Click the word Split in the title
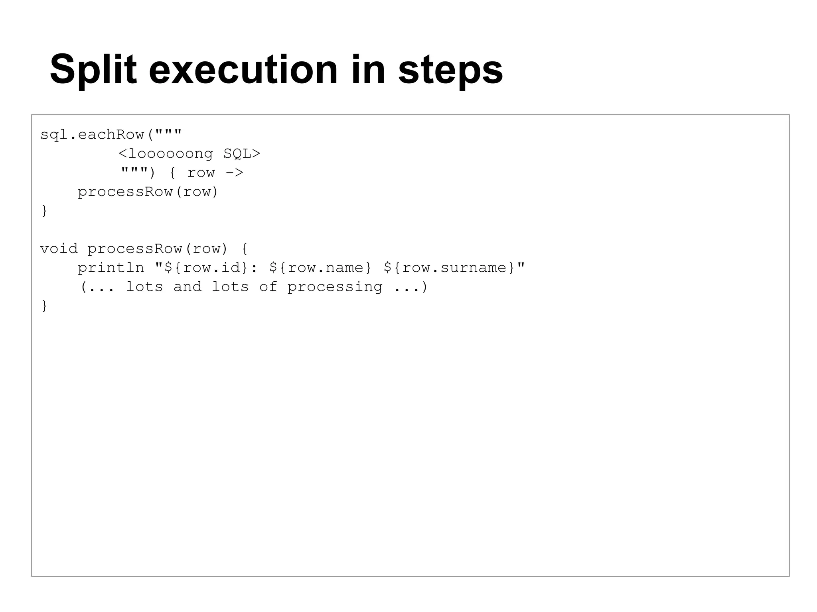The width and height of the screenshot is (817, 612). [93, 70]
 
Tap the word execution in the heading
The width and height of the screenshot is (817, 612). [243, 70]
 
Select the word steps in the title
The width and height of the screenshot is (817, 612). [450, 70]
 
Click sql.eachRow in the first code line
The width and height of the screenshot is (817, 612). [92, 135]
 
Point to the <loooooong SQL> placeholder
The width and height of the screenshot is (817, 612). [189, 153]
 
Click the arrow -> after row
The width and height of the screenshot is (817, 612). [234, 173]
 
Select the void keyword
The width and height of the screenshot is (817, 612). [59, 249]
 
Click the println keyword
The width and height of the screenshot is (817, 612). [111, 268]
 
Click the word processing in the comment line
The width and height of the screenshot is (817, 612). [335, 287]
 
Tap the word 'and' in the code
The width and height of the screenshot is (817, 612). [187, 287]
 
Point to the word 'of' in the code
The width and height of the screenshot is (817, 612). [268, 287]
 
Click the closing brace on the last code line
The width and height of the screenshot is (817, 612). [44, 306]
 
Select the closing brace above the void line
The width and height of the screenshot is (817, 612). [44, 211]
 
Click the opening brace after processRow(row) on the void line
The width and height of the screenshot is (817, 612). [245, 249]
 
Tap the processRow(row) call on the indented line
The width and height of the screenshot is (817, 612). [148, 192]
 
